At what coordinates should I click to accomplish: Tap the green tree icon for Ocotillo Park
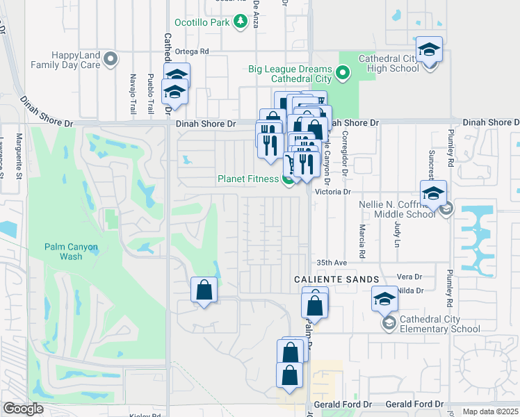[241, 22]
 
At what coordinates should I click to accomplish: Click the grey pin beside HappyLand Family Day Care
[111, 60]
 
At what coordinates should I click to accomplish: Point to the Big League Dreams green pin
[342, 72]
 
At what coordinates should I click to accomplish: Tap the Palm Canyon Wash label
[72, 252]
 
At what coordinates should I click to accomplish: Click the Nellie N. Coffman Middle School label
[398, 209]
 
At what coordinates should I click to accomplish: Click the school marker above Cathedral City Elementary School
[384, 298]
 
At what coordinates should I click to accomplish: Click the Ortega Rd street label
[192, 51]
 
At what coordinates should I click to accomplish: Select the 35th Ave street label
[332, 263]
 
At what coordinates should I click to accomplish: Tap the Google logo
[23, 409]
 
